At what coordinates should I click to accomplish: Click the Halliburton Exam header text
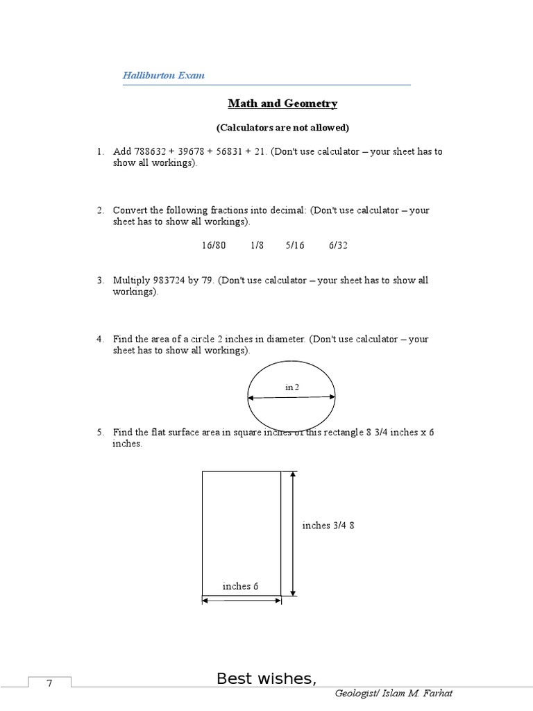[164, 75]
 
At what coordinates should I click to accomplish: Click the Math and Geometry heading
[282, 103]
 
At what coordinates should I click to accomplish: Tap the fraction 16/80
[214, 245]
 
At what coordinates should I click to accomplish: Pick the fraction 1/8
[257, 245]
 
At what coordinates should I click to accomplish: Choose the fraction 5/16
[295, 245]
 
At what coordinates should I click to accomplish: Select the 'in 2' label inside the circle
[292, 387]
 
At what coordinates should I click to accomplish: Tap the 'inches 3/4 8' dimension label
[328, 526]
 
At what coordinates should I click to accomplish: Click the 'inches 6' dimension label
[240, 586]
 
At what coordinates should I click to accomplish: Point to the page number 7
[49, 684]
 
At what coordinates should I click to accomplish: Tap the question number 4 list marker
[100, 339]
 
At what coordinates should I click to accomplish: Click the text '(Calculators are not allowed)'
[282, 128]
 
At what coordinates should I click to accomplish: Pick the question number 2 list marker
[100, 210]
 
